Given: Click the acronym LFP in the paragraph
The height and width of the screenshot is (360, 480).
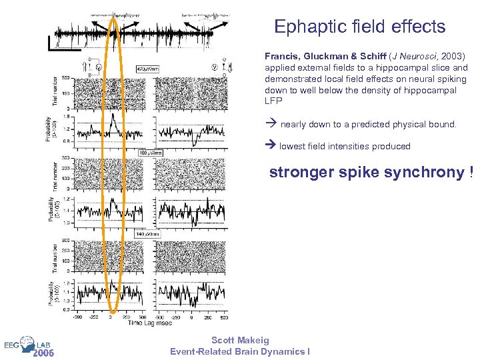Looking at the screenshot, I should [273, 101].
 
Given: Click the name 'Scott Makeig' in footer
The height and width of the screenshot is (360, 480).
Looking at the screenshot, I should [240, 341].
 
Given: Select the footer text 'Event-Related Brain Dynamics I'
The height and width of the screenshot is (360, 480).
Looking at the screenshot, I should [240, 351].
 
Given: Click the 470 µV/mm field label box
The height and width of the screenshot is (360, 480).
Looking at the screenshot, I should [147, 69].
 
